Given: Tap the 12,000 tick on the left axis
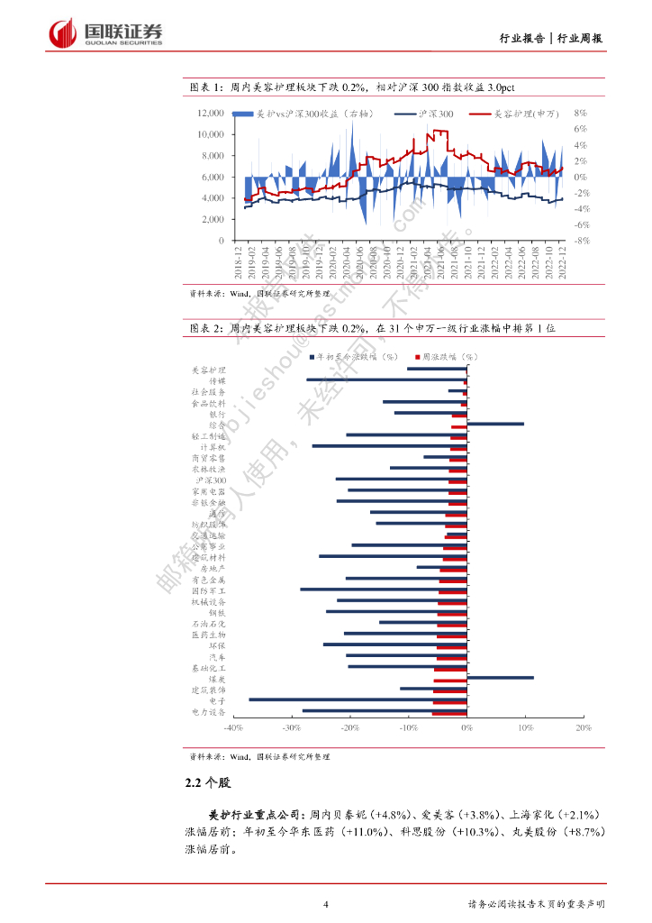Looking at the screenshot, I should (211, 114).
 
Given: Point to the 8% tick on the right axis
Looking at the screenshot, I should (581, 114).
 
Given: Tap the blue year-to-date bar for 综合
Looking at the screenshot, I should (495, 424).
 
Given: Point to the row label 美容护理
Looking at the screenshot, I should (209, 370).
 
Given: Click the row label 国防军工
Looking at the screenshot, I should (209, 589).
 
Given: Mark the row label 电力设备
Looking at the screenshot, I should (209, 711).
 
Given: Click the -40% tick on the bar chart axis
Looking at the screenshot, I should (232, 727).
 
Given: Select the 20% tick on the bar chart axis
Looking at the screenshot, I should (582, 727).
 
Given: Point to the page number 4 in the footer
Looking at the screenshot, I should (325, 904).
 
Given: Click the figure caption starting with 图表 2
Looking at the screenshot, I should (369, 329).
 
